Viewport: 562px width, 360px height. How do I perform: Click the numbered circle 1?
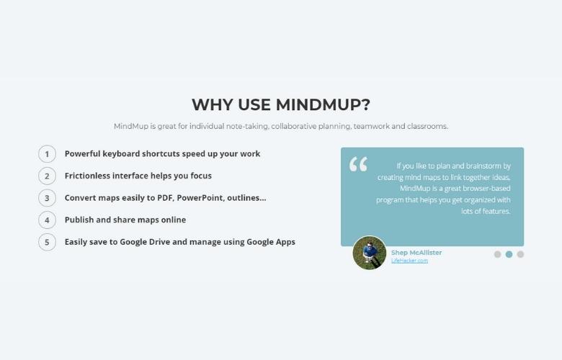pos(47,153)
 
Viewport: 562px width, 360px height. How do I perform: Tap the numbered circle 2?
pos(47,176)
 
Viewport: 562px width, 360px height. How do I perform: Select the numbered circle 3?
pos(47,198)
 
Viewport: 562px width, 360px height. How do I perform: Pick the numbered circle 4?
pos(47,220)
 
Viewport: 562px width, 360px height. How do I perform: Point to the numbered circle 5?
pos(47,242)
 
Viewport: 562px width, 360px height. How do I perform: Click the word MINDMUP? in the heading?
pos(323,104)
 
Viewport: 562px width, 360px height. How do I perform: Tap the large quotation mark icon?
pos(358,164)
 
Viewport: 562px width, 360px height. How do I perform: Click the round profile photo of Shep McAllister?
pos(370,253)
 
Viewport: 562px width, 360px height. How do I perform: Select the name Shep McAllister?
pos(416,253)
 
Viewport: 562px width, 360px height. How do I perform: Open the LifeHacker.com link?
pos(409,261)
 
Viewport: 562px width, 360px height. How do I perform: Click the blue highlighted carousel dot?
pos(509,254)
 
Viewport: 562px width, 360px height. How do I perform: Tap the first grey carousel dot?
pos(497,254)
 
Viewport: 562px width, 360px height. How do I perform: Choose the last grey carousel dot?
pos(520,254)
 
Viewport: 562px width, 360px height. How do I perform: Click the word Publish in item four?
pos(79,220)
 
